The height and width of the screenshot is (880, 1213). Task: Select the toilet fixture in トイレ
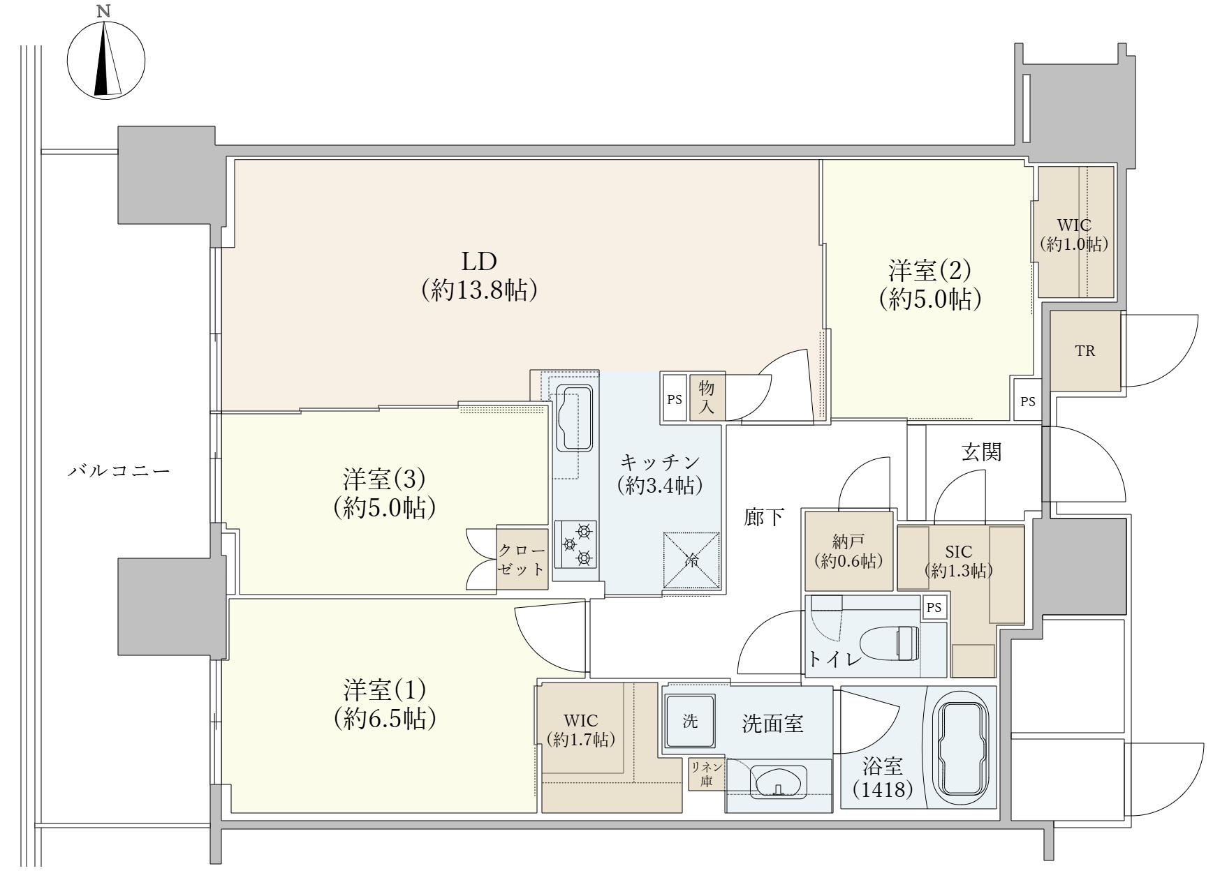[x=888, y=642]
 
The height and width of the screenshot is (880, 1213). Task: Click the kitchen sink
[x=575, y=418]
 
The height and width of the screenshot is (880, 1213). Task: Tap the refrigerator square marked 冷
[x=691, y=560]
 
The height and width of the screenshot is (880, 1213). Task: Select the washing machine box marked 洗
[x=690, y=722]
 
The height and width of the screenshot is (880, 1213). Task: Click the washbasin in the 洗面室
[x=779, y=780]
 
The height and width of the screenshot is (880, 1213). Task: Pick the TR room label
[x=1085, y=351]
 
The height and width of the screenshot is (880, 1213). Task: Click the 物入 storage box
[x=707, y=399]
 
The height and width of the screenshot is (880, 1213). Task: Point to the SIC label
[x=958, y=553]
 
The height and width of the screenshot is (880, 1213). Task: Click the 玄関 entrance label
[x=981, y=452]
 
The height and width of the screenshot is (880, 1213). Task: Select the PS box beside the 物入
[x=674, y=400]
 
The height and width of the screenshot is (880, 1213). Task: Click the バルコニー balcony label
[x=119, y=470]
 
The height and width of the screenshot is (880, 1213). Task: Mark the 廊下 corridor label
[x=764, y=518]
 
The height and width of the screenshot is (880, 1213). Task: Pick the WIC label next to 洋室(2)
[x=1073, y=225]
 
